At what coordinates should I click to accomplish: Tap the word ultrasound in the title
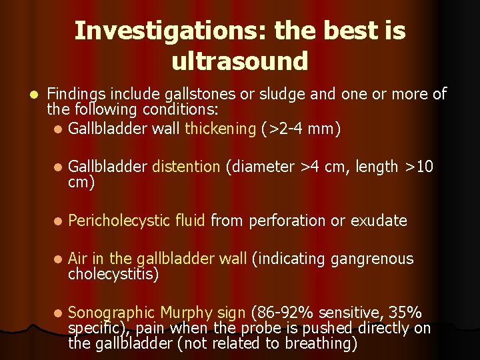tap(240, 61)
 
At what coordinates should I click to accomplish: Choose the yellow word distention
tap(186, 167)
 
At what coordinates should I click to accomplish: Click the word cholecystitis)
tap(113, 274)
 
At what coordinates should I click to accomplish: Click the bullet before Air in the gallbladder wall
tap(59, 259)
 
